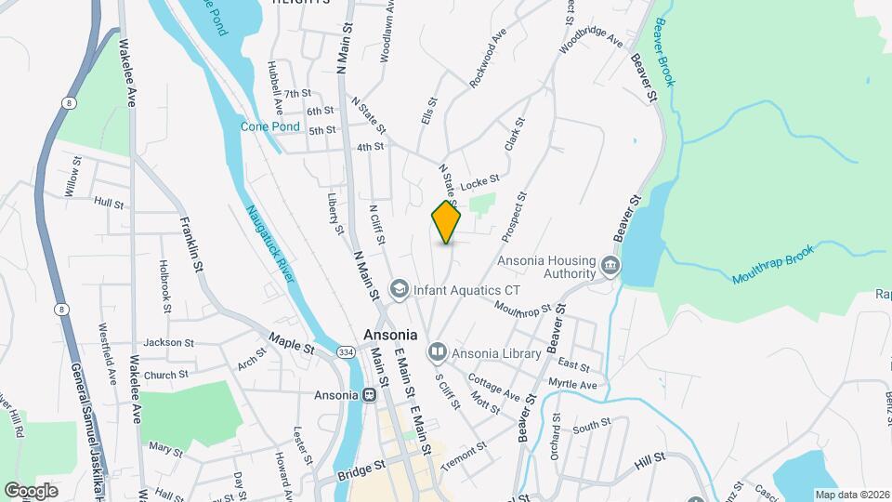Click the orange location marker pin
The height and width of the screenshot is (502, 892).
447,221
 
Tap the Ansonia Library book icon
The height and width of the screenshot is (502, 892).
437,352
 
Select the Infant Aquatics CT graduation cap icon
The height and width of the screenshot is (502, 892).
400,288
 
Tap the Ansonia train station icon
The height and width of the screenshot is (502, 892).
369,395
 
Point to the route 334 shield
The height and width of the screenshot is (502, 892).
346,352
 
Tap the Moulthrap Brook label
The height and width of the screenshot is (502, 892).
773,265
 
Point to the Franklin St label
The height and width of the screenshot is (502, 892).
192,242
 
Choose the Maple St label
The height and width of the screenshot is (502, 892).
292,342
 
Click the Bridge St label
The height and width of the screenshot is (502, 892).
361,471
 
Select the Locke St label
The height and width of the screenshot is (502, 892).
480,181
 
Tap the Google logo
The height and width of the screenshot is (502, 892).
32,490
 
